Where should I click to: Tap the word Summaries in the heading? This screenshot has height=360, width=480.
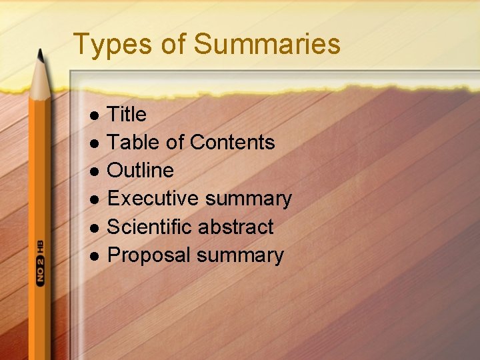(267, 45)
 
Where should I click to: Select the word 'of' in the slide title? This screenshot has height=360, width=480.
(172, 45)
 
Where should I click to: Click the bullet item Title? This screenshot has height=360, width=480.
(127, 115)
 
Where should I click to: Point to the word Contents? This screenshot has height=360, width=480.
(232, 143)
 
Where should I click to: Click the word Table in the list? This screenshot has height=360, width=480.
(131, 143)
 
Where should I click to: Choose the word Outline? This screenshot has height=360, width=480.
(140, 171)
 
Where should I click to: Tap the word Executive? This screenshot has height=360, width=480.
(153, 199)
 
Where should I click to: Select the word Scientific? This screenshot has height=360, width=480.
(152, 227)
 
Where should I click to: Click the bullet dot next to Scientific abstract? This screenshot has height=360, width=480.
(95, 228)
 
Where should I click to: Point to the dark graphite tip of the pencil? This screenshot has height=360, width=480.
(40, 56)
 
